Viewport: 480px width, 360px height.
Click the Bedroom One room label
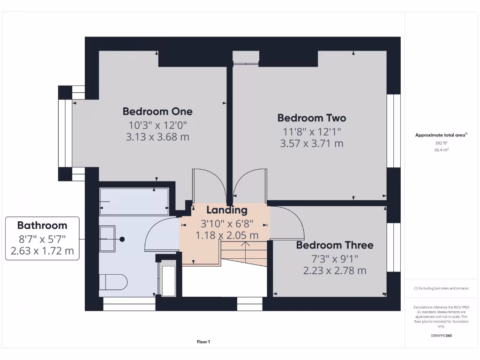pyautogui.click(x=157, y=112)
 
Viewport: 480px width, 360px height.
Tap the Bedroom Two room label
pyautogui.click(x=312, y=118)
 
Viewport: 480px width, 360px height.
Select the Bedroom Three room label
pyautogui.click(x=335, y=245)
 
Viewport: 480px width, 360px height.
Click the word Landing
pyautogui.click(x=227, y=210)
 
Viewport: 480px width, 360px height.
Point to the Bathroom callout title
pyautogui.click(x=42, y=225)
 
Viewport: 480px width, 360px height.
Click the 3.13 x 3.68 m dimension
pyautogui.click(x=157, y=137)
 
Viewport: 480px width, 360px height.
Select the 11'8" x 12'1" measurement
pyautogui.click(x=312, y=131)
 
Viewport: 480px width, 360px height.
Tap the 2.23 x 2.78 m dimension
pyautogui.click(x=335, y=270)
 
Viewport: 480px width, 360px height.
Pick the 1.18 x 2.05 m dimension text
pyautogui.click(x=227, y=235)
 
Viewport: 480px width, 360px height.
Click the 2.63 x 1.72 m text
pyautogui.click(x=42, y=251)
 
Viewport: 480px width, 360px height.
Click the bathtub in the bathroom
pyautogui.click(x=134, y=202)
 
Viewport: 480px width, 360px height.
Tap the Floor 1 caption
pyautogui.click(x=203, y=342)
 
